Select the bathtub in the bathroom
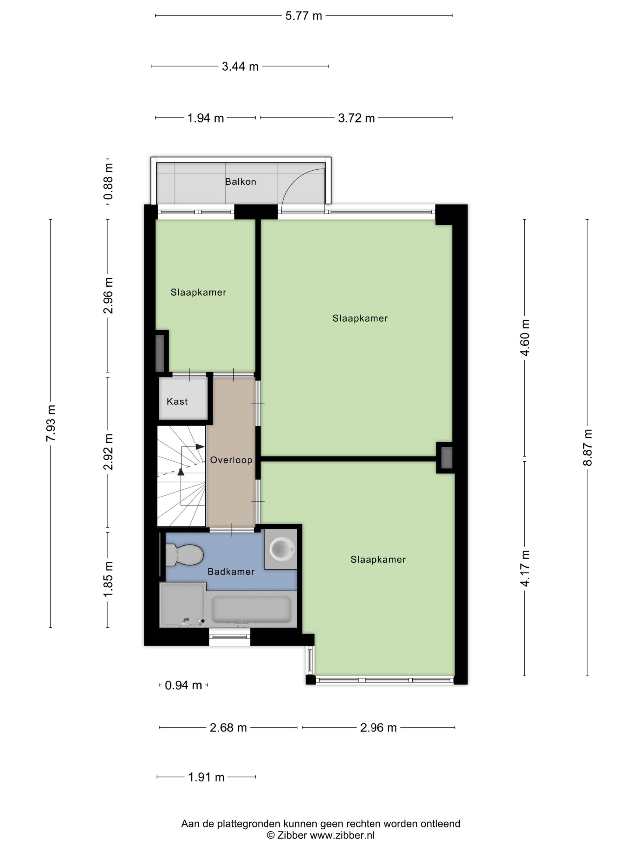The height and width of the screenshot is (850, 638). tap(252, 609)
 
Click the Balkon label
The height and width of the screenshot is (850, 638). tap(240, 182)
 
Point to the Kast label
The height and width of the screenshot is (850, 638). tap(177, 401)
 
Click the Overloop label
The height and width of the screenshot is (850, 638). tap(231, 460)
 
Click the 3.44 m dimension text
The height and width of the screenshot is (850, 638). tap(240, 67)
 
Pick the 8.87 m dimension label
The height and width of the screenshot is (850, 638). tap(587, 448)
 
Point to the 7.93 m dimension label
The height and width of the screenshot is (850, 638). tap(51, 423)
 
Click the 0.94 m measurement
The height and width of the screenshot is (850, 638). tap(183, 685)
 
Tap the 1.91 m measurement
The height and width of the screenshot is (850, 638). tap(206, 777)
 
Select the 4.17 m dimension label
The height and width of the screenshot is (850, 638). tap(525, 568)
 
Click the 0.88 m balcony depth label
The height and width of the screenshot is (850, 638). tap(108, 181)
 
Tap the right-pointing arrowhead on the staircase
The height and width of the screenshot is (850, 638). tap(200, 447)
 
